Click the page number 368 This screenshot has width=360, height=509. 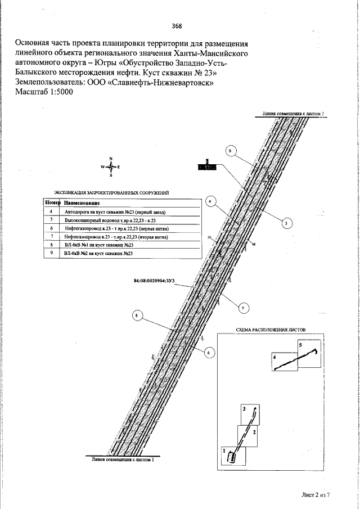[x=177, y=26]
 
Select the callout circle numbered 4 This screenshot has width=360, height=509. [x=209, y=201]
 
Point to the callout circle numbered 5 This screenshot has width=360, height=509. [x=286, y=223]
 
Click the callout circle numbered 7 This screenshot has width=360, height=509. [x=243, y=308]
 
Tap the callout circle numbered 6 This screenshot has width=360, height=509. [x=208, y=353]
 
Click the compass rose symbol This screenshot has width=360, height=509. [x=111, y=167]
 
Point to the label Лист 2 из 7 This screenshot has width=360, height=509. [x=315, y=494]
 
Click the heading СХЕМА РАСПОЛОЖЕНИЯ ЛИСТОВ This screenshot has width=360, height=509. [x=271, y=330]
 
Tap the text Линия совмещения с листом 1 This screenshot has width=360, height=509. [x=122, y=460]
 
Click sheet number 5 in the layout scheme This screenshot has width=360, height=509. [x=300, y=344]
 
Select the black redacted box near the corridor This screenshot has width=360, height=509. [x=206, y=167]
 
